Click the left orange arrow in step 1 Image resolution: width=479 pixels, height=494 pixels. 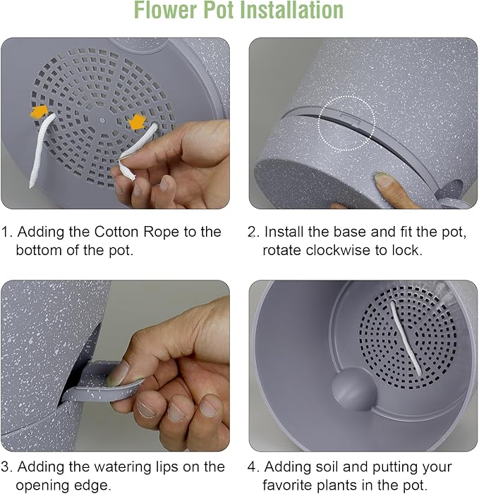(39, 111)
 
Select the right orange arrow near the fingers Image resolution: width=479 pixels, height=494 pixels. (138, 122)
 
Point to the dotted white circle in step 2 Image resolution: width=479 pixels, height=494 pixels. (346, 123)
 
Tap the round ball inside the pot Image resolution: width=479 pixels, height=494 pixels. (354, 390)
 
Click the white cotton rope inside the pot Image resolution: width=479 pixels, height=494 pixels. (406, 338)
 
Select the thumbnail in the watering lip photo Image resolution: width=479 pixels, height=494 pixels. (119, 373)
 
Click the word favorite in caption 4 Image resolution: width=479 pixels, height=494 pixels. (288, 485)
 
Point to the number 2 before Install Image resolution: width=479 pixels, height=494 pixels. (252, 232)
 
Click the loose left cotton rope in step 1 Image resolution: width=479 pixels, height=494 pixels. (42, 151)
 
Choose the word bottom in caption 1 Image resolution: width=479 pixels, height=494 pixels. (39, 250)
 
